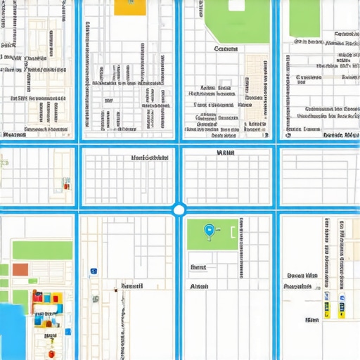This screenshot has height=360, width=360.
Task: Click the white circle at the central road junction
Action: [x=179, y=209]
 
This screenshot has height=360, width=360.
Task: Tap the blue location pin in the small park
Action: [x=207, y=229]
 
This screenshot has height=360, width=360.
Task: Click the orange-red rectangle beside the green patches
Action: [x=20, y=270]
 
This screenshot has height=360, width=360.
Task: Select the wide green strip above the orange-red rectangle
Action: [x=41, y=250]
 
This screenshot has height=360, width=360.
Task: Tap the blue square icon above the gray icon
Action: [x=92, y=270]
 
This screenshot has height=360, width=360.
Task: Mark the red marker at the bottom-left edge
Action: [x=50, y=354]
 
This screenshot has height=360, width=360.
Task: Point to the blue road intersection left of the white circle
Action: [x=77, y=209]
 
